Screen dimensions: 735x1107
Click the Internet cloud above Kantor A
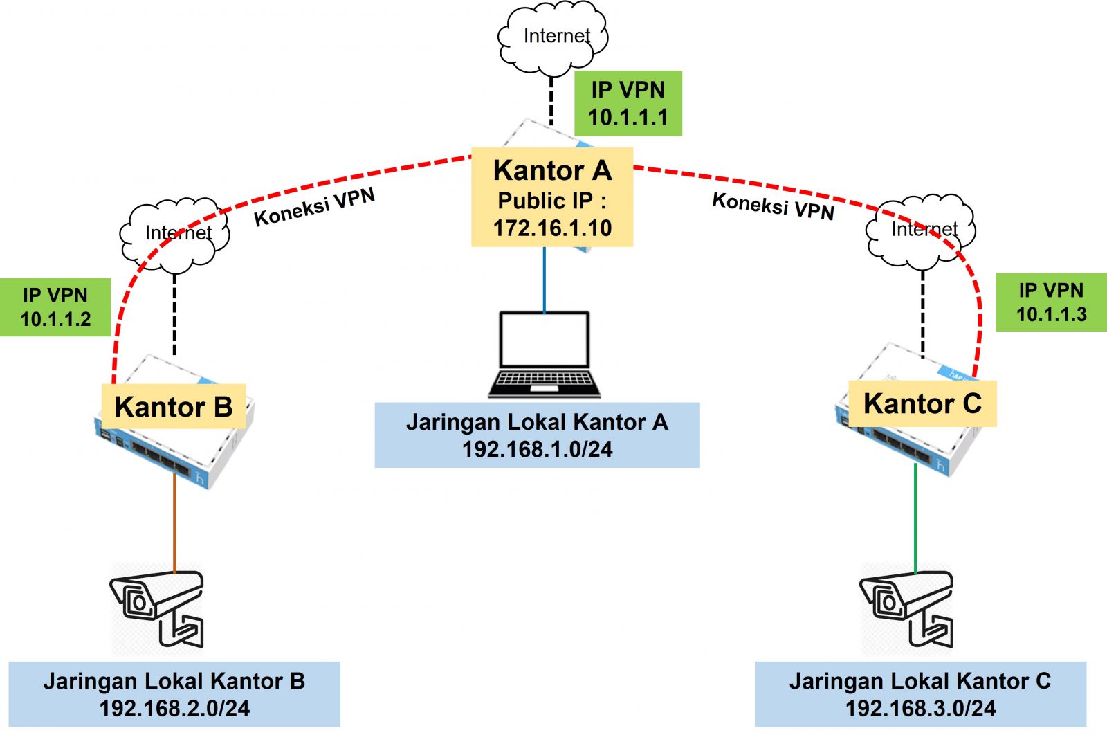click(552, 37)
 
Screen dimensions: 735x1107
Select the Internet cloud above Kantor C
click(921, 231)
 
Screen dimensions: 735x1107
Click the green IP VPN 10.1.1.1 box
click(628, 103)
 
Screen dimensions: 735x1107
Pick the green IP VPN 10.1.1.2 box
click(55, 307)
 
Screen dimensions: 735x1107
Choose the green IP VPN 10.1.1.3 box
click(1050, 302)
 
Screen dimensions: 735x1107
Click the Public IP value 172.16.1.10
click(552, 228)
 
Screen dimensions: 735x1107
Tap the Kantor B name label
click(173, 407)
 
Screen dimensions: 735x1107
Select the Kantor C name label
click(922, 403)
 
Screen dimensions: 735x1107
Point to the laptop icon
click(545, 354)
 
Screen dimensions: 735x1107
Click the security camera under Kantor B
click(158, 608)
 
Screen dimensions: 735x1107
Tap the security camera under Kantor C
click(907, 606)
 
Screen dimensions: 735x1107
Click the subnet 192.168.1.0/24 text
click(537, 449)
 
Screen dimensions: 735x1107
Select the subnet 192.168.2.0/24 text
click(174, 708)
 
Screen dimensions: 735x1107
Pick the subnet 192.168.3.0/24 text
click(920, 708)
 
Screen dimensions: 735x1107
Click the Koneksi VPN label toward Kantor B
click(315, 207)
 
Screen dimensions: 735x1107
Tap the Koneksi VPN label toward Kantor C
click(773, 206)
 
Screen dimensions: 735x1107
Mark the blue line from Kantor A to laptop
click(545, 280)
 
